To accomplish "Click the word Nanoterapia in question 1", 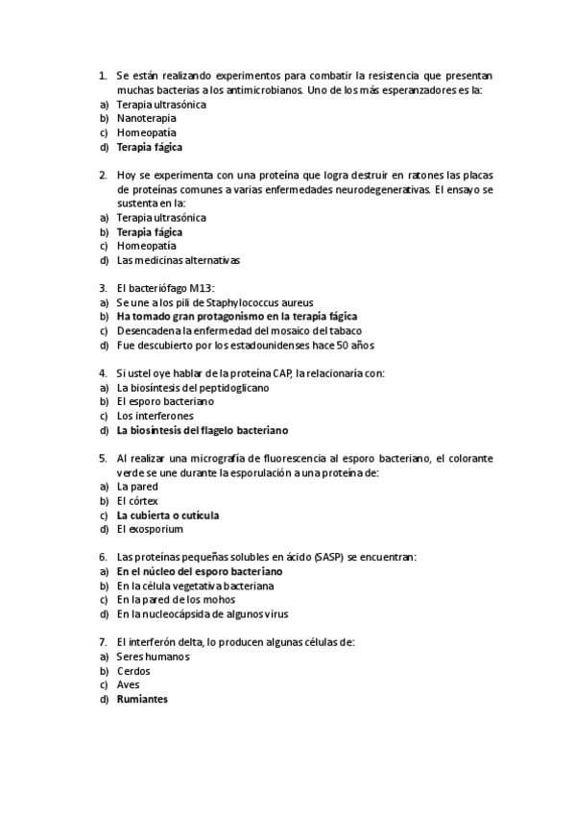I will [x=146, y=118].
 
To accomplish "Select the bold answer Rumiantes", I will [x=142, y=700].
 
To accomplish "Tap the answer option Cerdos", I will [x=133, y=671].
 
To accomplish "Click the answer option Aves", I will [x=128, y=685].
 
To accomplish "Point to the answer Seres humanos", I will [x=153, y=657].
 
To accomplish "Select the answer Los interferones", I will [x=155, y=416].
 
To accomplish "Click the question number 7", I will [x=102, y=642].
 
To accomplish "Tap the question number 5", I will [x=102, y=458].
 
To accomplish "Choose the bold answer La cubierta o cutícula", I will [x=167, y=515].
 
